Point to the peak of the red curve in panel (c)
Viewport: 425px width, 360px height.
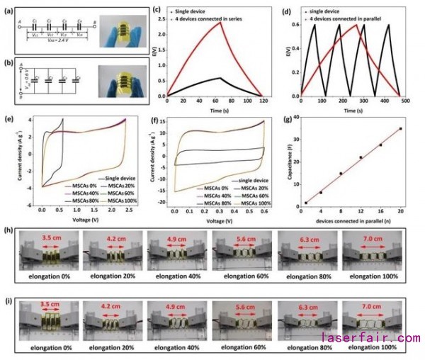pyautogui.click(x=220, y=22)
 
